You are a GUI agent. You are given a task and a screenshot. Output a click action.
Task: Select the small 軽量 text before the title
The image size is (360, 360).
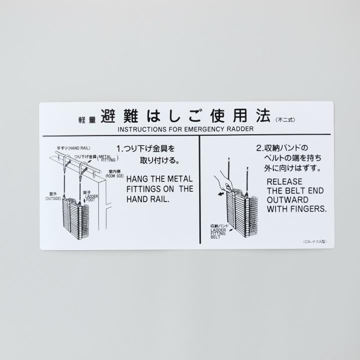pos(86,120)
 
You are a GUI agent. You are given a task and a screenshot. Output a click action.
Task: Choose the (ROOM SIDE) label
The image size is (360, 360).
pos(114,175)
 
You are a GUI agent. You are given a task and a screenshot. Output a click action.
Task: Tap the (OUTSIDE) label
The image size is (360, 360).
pos(53,198)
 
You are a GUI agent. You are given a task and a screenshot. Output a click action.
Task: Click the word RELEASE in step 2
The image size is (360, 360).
pos(283,181)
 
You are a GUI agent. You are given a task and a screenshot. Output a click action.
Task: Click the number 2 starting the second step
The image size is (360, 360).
pos(258,148)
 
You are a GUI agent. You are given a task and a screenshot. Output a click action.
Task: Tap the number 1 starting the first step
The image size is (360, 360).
pos(119,148)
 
